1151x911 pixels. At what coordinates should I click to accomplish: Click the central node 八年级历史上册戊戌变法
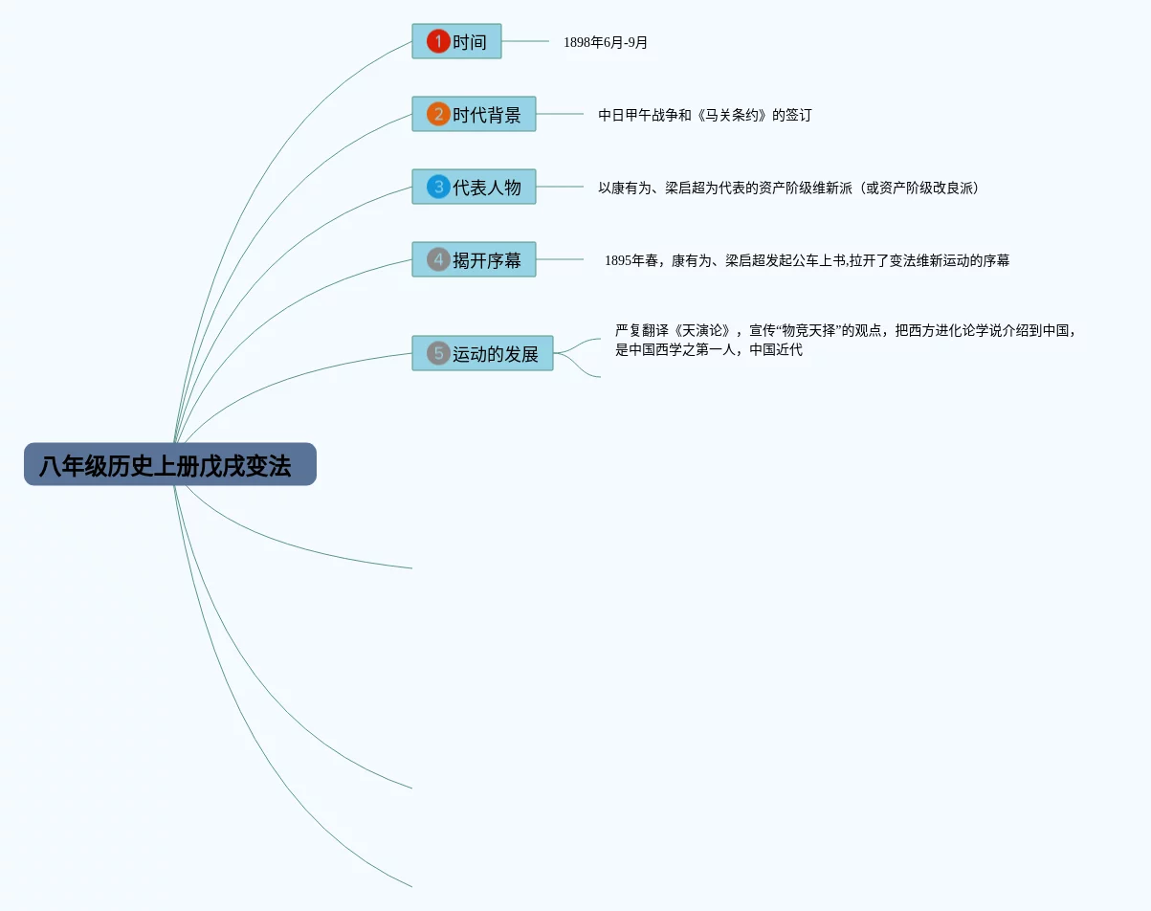(x=169, y=464)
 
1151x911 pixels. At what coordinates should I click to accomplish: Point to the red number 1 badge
(x=438, y=41)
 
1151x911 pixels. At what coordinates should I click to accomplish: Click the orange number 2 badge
(x=438, y=114)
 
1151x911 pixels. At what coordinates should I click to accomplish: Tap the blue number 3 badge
(x=438, y=187)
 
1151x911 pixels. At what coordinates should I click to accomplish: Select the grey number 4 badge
(x=438, y=259)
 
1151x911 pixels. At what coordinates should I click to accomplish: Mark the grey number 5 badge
(x=438, y=353)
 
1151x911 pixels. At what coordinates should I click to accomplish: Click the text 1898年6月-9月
(x=606, y=42)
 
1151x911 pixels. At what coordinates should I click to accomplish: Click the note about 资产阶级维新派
(x=787, y=188)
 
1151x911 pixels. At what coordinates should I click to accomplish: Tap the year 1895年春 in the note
(x=631, y=260)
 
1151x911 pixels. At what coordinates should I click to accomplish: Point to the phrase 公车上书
(x=821, y=260)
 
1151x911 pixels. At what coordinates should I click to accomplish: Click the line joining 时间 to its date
(x=525, y=41)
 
